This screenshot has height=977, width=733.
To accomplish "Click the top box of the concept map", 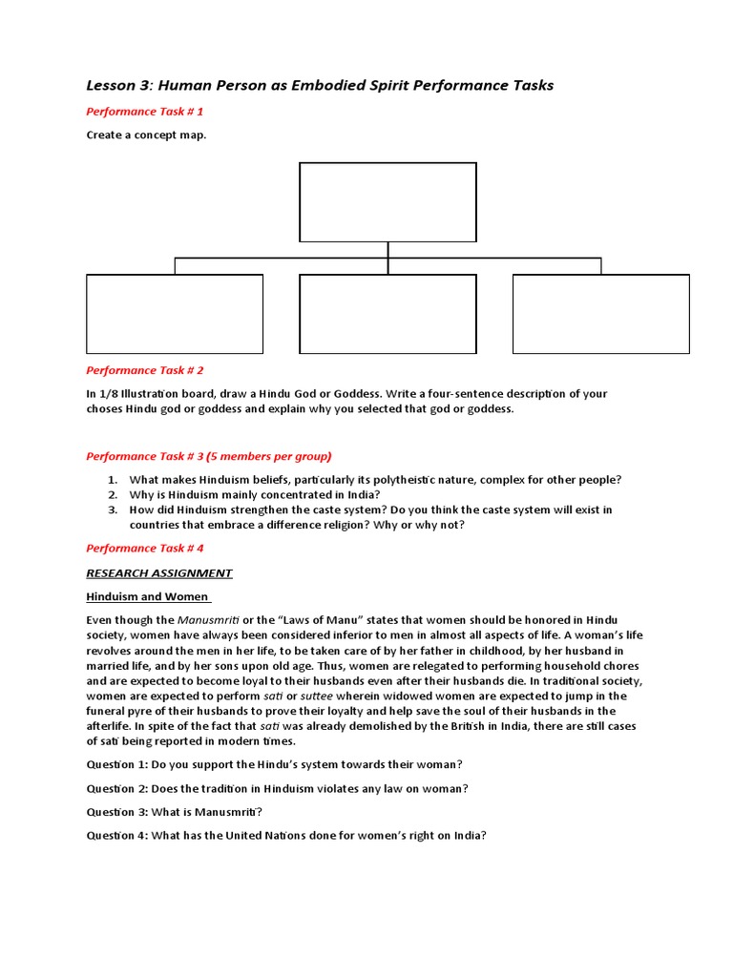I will pyautogui.click(x=387, y=202).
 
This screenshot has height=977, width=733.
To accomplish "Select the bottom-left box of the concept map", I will pyautogui.click(x=175, y=314).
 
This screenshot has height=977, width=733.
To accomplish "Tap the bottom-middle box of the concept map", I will pyautogui.click(x=387, y=314).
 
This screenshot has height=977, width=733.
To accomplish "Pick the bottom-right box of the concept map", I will pyautogui.click(x=600, y=314).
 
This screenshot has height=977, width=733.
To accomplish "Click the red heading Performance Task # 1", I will pyautogui.click(x=145, y=112).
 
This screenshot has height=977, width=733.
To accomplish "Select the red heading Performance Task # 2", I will pyautogui.click(x=145, y=370).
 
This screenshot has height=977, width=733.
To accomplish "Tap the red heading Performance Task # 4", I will pyautogui.click(x=145, y=549).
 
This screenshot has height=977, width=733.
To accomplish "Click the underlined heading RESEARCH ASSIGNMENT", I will pyautogui.click(x=159, y=573).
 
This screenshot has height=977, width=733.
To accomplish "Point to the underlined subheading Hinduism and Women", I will pyautogui.click(x=148, y=597).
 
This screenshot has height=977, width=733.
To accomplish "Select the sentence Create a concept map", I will pyautogui.click(x=146, y=135).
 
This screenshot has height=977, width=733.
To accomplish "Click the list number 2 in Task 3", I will pyautogui.click(x=112, y=495).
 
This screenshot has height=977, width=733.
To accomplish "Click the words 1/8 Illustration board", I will pyautogui.click(x=153, y=394).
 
